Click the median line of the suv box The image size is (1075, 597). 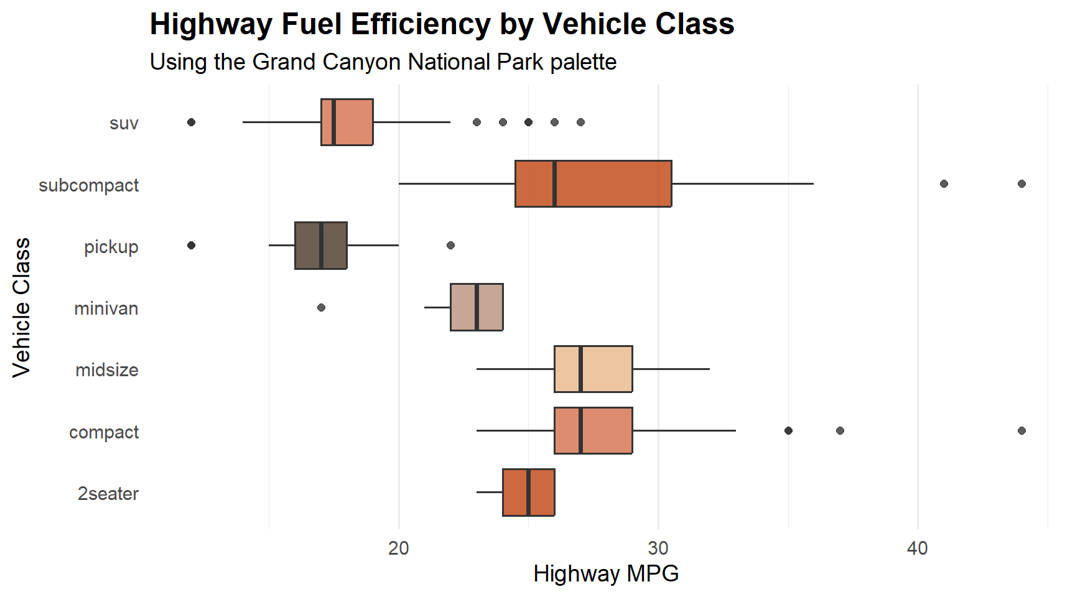pyautogui.click(x=334, y=122)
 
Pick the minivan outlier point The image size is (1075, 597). pyautogui.click(x=321, y=307)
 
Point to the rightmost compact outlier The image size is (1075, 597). pyautogui.click(x=1021, y=430)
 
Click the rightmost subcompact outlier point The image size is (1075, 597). pyautogui.click(x=1021, y=183)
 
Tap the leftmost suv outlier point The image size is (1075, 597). pyautogui.click(x=192, y=122)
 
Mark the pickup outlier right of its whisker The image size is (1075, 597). pyautogui.click(x=450, y=245)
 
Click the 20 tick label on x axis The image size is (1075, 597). pyautogui.click(x=399, y=548)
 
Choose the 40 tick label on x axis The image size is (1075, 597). pyautogui.click(x=918, y=548)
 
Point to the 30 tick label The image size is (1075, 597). pyautogui.click(x=658, y=548)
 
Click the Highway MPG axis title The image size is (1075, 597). pyautogui.click(x=606, y=573)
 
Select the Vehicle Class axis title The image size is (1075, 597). pyautogui.click(x=21, y=307)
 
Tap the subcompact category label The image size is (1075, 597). pyautogui.click(x=89, y=185)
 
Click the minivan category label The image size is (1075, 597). pyautogui.click(x=106, y=308)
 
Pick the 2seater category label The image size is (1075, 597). pyautogui.click(x=108, y=494)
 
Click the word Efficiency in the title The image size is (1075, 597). pyautogui.click(x=421, y=25)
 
